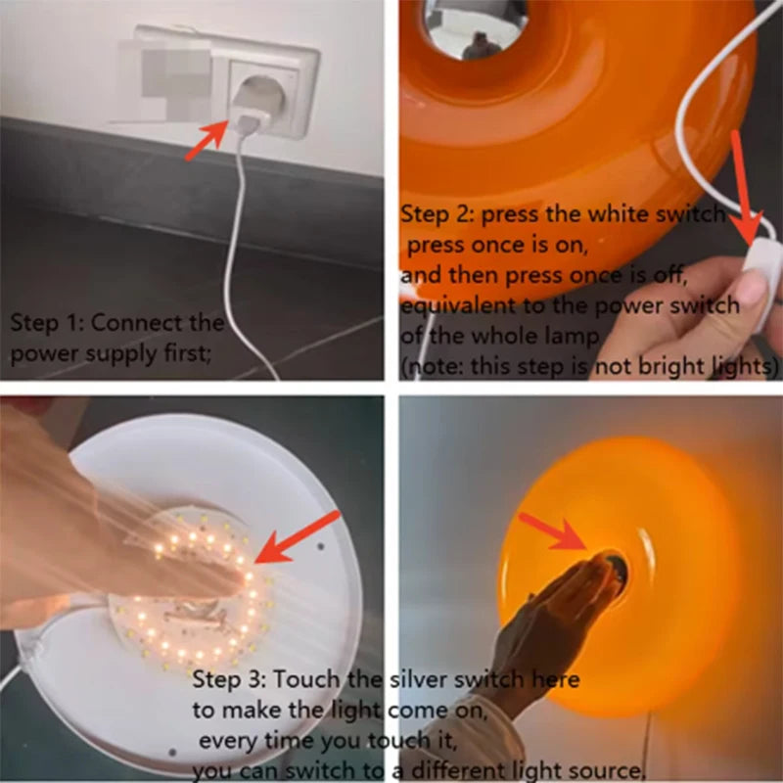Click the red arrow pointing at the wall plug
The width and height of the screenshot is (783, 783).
207,141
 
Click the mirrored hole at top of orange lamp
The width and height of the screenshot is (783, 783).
476,29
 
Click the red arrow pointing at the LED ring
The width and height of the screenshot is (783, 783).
295,538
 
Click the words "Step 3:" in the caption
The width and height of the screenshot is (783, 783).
228,679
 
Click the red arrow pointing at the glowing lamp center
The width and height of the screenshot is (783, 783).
553,533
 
